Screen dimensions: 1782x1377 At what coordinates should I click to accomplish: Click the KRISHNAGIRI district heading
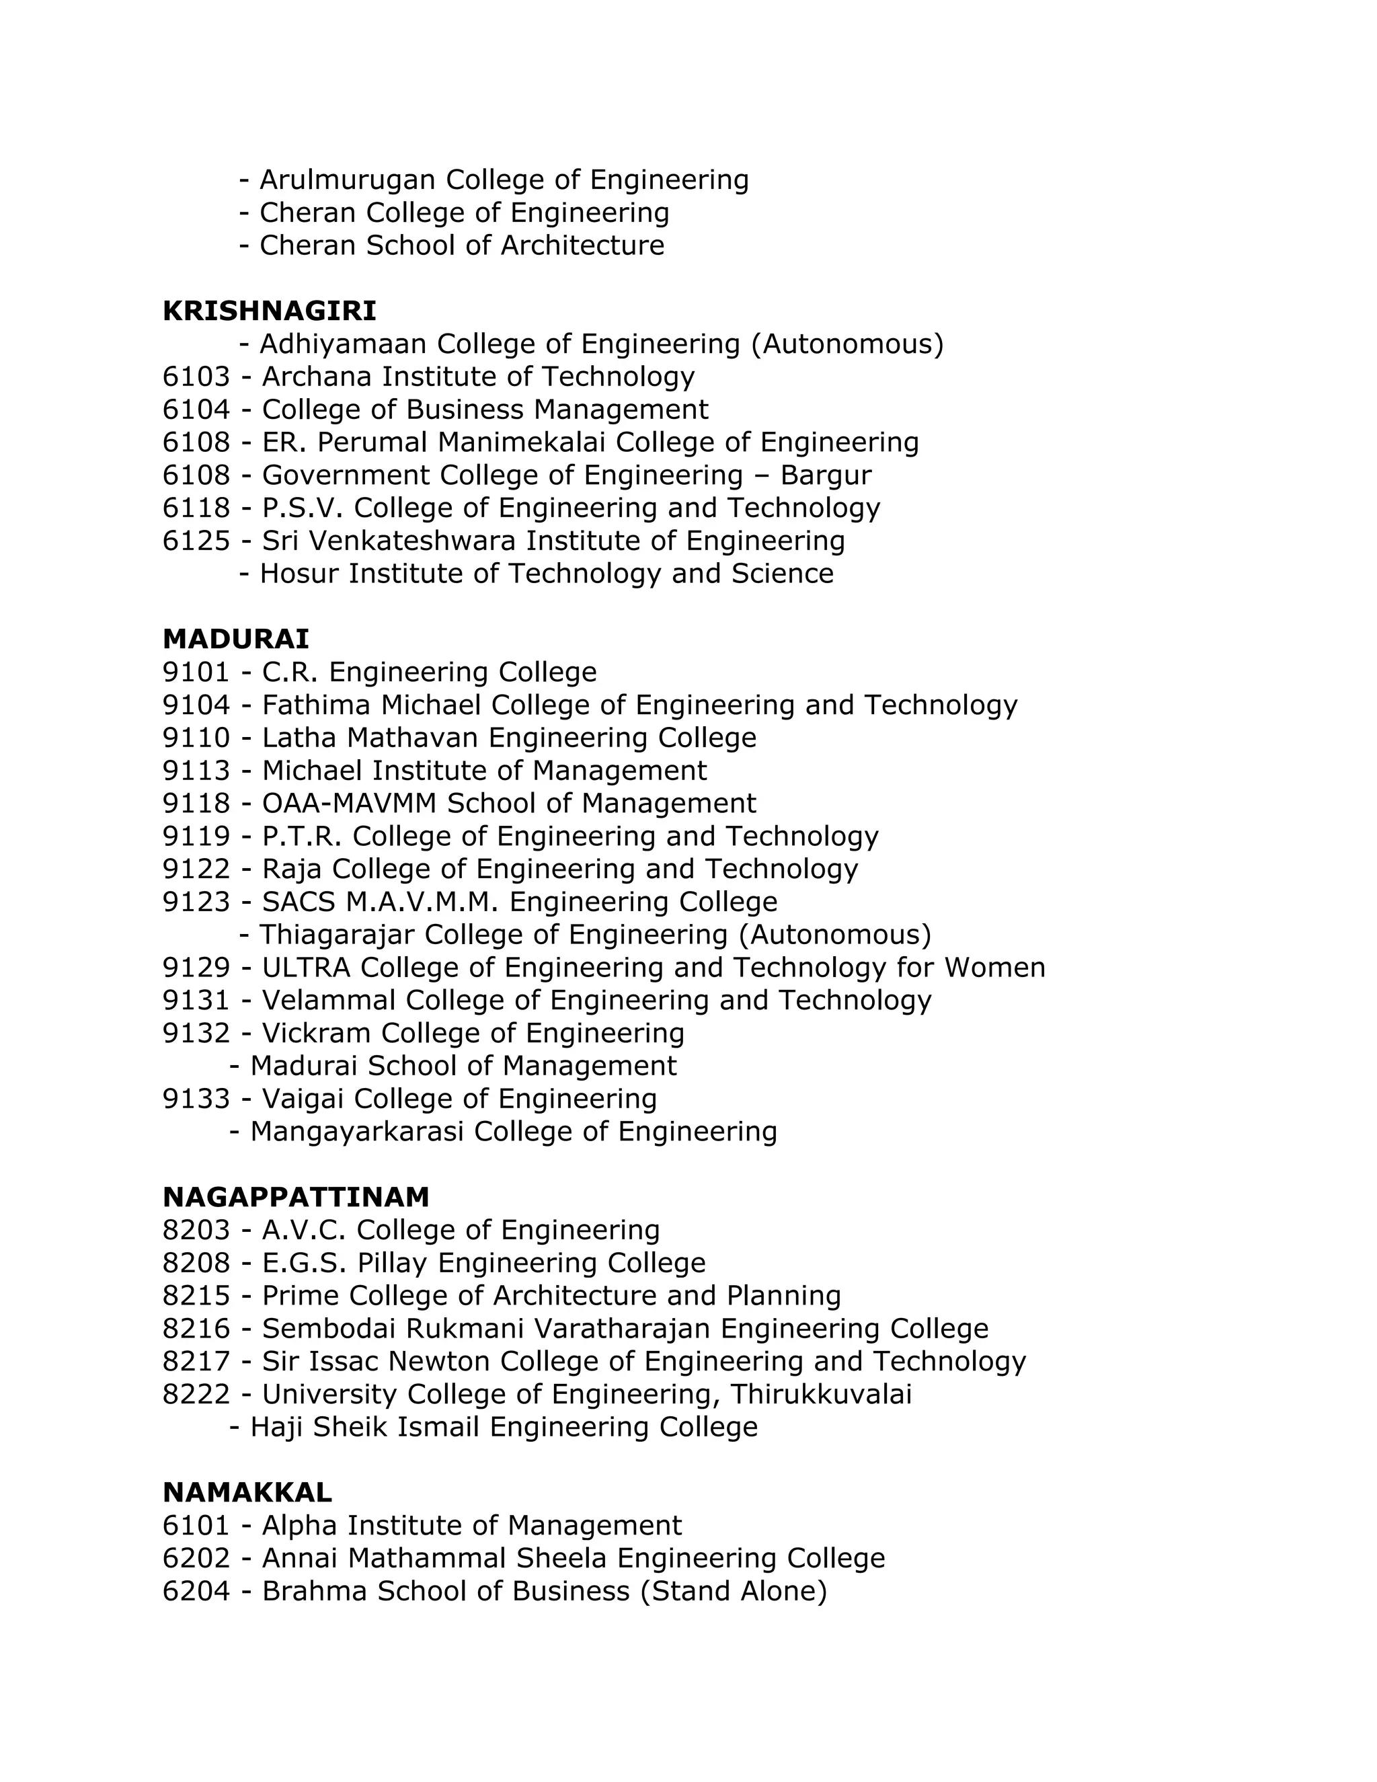pyautogui.click(x=269, y=311)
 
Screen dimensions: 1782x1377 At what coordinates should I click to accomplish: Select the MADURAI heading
pyautogui.click(x=236, y=639)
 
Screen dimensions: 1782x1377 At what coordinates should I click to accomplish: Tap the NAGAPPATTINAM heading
pyautogui.click(x=295, y=1197)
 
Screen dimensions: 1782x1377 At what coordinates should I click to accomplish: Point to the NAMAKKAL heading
pyautogui.click(x=247, y=1492)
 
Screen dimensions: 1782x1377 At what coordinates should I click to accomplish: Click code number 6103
pyautogui.click(x=196, y=377)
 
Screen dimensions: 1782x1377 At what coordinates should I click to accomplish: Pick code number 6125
pyautogui.click(x=196, y=541)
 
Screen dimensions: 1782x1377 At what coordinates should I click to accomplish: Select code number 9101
pyautogui.click(x=196, y=672)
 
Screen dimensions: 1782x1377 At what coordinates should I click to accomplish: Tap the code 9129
pyautogui.click(x=196, y=968)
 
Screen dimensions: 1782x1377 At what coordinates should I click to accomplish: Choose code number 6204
pyautogui.click(x=196, y=1591)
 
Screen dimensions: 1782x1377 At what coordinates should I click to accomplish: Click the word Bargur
pyautogui.click(x=826, y=475)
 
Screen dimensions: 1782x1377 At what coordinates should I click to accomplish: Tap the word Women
pyautogui.click(x=994, y=968)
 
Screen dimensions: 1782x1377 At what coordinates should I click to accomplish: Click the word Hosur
pyautogui.click(x=299, y=574)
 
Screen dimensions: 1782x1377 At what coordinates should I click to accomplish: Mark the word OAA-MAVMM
pyautogui.click(x=349, y=804)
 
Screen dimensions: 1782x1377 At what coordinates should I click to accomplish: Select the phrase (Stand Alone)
pyautogui.click(x=734, y=1591)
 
